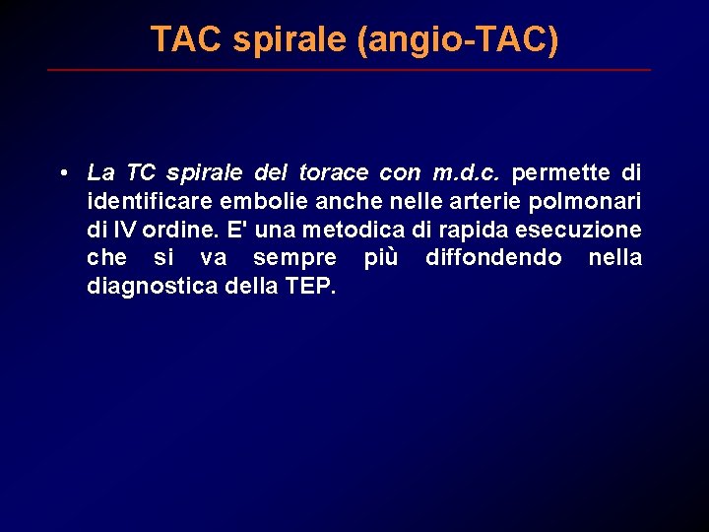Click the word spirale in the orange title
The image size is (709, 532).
click(277, 39)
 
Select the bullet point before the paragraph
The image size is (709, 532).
click(62, 173)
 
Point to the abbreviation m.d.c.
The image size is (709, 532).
click(467, 173)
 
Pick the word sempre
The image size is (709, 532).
click(294, 258)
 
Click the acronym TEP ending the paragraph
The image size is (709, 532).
click(312, 287)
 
